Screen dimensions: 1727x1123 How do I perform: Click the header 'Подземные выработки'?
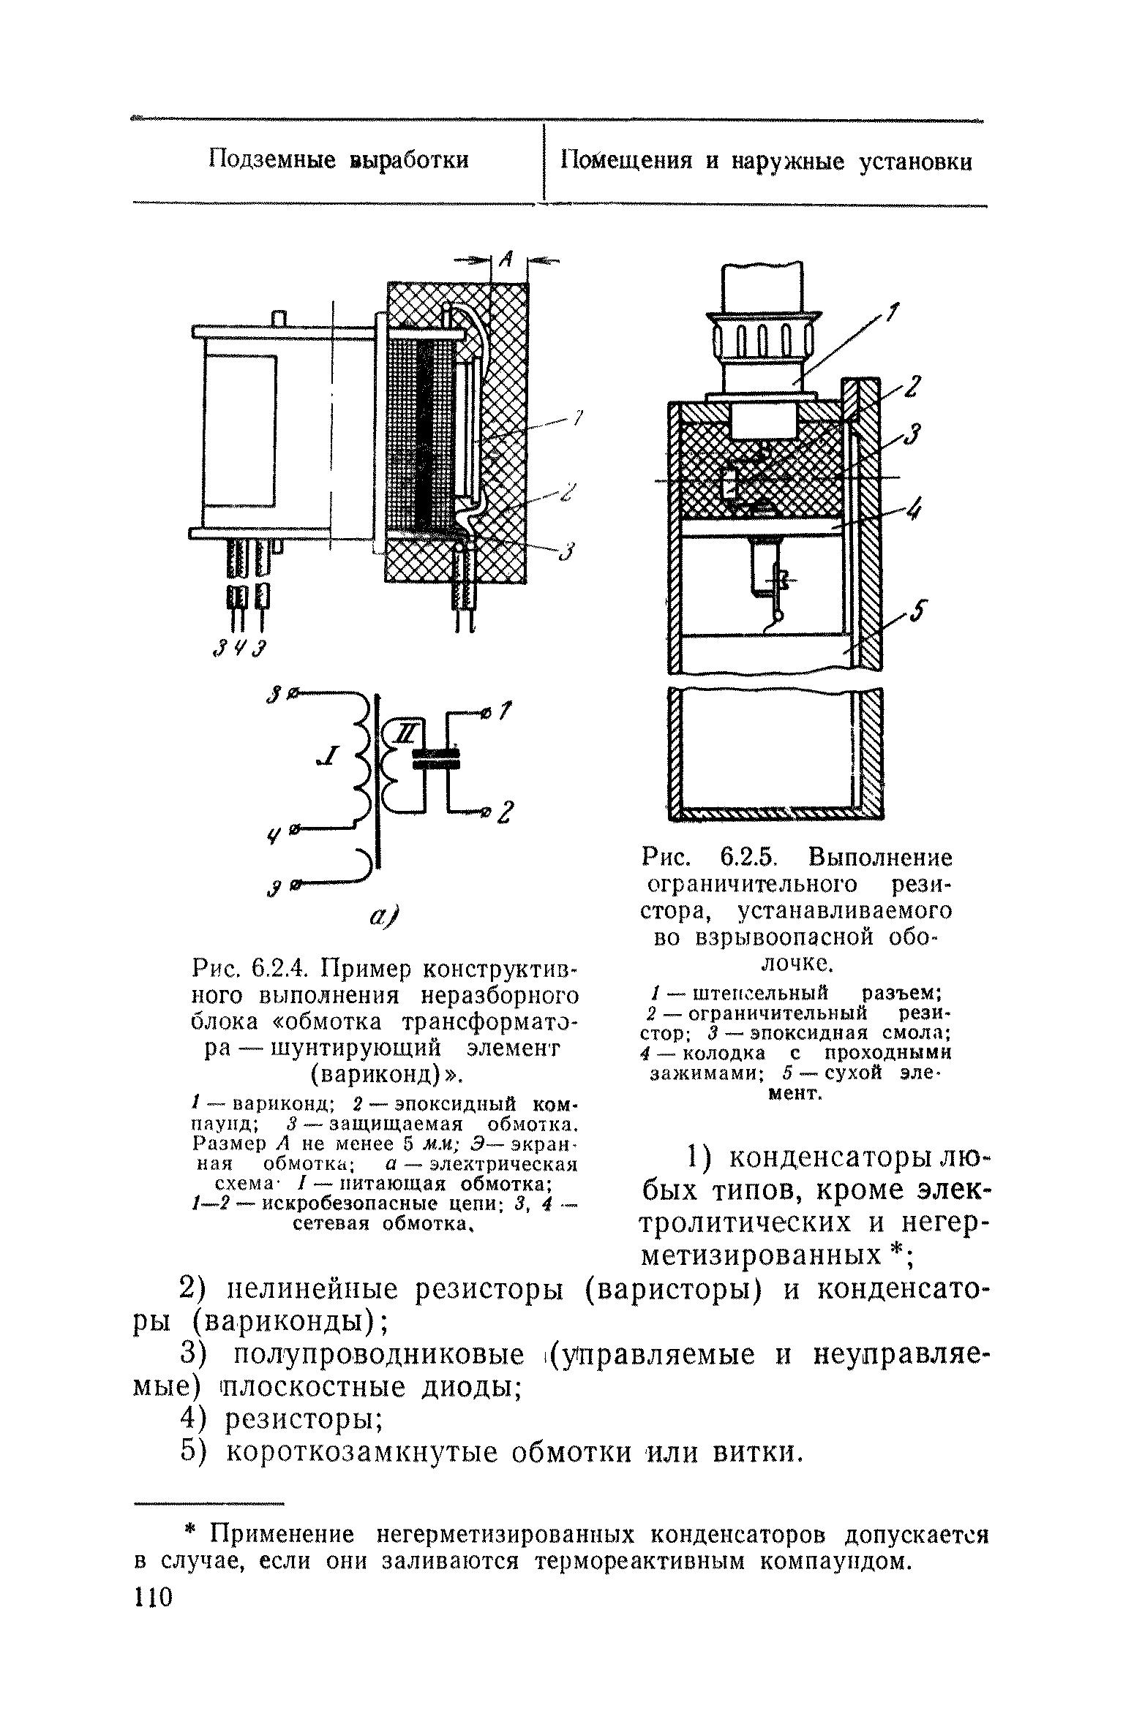tap(338, 159)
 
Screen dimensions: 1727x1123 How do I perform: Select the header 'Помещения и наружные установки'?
tap(766, 161)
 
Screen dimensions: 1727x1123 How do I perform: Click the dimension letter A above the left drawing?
tap(506, 260)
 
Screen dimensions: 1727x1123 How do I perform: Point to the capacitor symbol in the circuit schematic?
tap(435, 758)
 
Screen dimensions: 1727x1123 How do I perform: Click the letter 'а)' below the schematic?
tap(381, 917)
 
